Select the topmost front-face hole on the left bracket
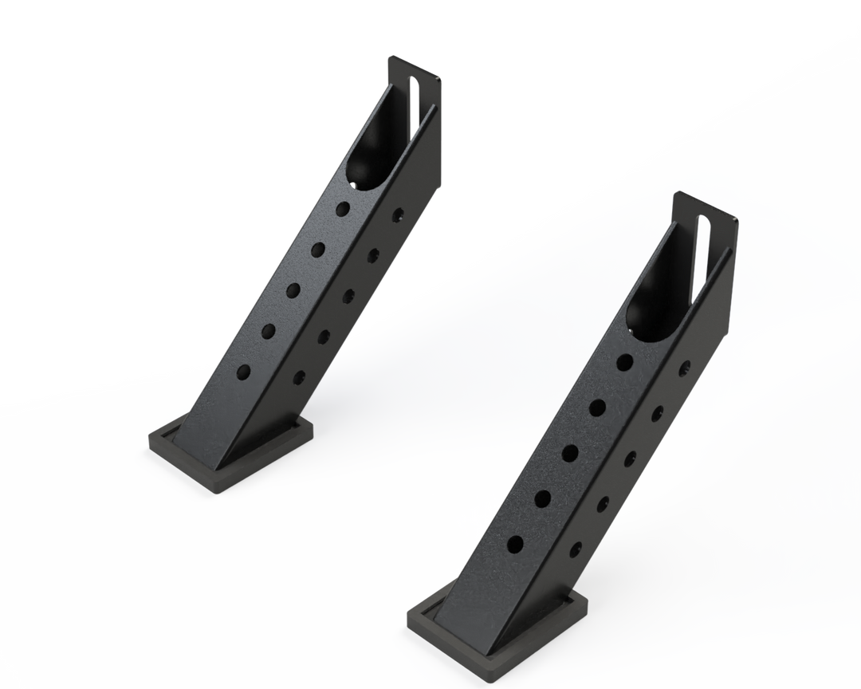pyautogui.click(x=343, y=208)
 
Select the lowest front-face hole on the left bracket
pyautogui.click(x=243, y=372)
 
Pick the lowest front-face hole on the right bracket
pyautogui.click(x=515, y=544)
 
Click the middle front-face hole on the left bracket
pyautogui.click(x=293, y=289)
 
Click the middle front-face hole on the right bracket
pyautogui.click(x=570, y=454)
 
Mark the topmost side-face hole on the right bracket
pyautogui.click(x=683, y=368)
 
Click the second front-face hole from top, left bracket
pyautogui.click(x=318, y=249)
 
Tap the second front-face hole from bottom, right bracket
pyautogui.click(x=542, y=499)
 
